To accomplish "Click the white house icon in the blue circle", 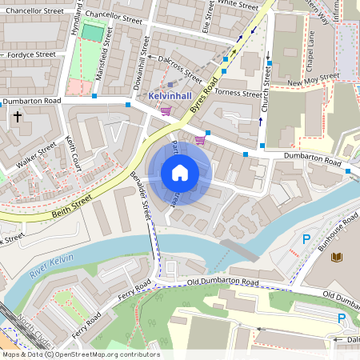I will (180, 173).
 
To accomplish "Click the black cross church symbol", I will (18, 118).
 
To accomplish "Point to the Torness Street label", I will (239, 94).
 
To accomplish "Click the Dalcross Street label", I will (180, 68).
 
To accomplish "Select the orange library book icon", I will (335, 257).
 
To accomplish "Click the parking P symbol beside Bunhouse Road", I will (306, 239).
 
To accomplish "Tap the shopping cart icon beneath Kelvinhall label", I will (166, 110).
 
